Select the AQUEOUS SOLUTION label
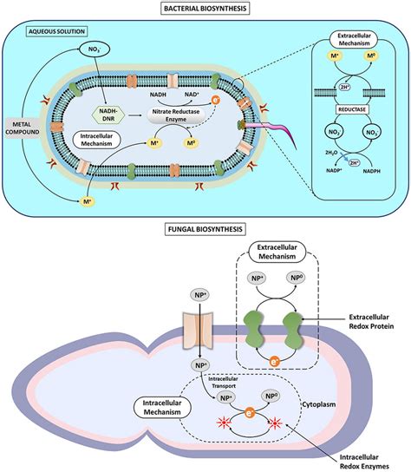coord(42,29)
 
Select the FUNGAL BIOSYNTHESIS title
coord(205,231)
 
